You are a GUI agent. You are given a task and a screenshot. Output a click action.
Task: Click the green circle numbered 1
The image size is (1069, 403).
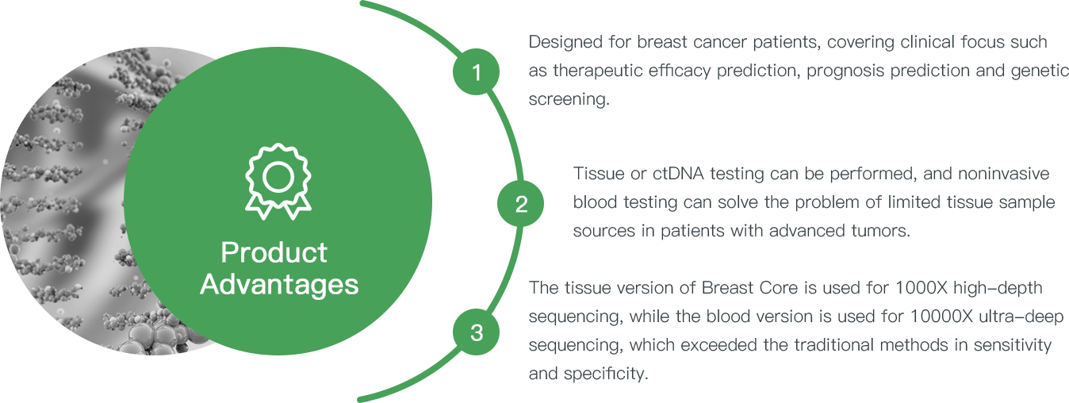pos(476,71)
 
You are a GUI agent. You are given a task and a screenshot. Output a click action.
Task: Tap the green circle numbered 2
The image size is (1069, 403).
pos(520,203)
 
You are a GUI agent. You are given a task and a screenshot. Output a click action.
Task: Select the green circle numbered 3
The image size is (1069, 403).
pos(476,332)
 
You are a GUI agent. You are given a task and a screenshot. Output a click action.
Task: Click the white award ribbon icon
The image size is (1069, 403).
pos(278,182)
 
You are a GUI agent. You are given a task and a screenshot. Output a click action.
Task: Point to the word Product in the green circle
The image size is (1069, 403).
pos(274,252)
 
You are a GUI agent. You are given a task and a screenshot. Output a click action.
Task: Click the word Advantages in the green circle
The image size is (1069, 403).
pos(279,285)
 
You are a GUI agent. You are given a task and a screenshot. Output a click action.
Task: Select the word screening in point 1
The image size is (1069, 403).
pos(569,99)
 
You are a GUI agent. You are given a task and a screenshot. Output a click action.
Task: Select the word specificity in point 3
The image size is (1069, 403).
pos(606,374)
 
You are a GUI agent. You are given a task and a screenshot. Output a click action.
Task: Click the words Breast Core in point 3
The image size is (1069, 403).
pos(749,288)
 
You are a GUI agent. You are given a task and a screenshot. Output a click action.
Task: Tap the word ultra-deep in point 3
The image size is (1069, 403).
pos(1021,317)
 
